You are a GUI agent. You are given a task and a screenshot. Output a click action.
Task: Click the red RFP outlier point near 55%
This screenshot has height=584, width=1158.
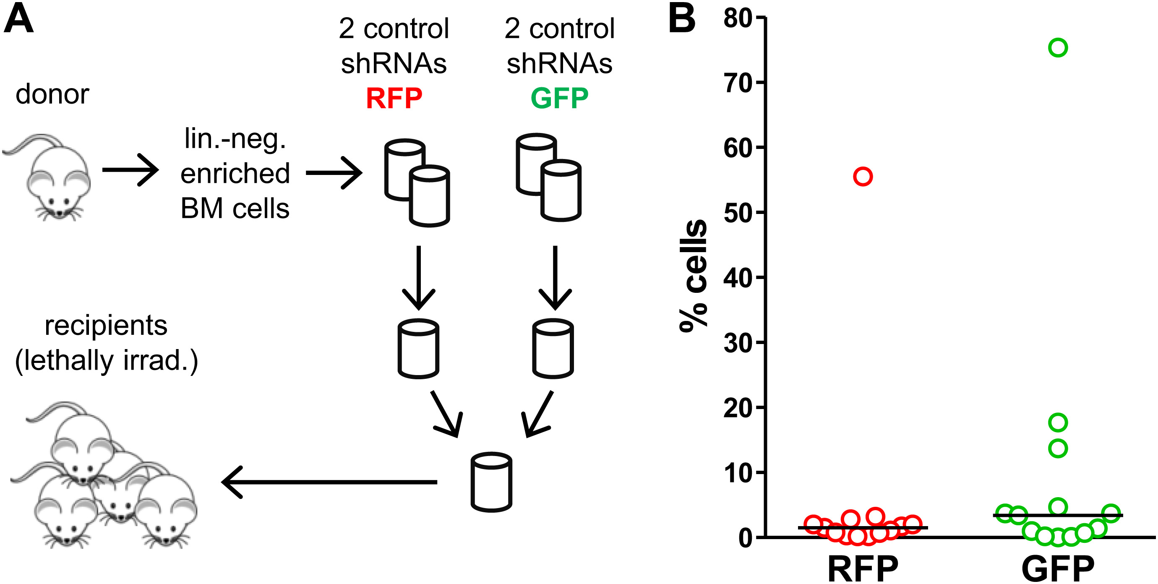pyautogui.click(x=863, y=177)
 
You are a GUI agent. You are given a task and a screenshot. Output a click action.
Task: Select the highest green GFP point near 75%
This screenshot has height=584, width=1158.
pyautogui.click(x=1058, y=48)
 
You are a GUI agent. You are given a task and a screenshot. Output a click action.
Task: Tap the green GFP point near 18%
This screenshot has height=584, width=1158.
pyautogui.click(x=1058, y=422)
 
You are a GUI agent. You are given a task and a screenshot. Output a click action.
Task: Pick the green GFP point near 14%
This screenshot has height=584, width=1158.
pyautogui.click(x=1058, y=448)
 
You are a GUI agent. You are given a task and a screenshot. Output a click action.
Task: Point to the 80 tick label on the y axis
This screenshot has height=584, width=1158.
pyautogui.click(x=738, y=19)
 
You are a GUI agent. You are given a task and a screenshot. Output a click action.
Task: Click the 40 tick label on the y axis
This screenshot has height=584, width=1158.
pyautogui.click(x=738, y=279)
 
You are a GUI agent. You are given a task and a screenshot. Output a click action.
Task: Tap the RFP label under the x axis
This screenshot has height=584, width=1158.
pyautogui.click(x=863, y=569)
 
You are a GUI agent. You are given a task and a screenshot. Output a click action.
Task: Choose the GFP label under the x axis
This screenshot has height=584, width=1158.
pyautogui.click(x=1058, y=569)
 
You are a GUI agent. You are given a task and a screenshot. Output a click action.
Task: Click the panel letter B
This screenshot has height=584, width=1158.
pyautogui.click(x=681, y=19)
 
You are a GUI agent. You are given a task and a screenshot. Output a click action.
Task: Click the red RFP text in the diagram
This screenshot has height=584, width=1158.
pyautogui.click(x=394, y=99)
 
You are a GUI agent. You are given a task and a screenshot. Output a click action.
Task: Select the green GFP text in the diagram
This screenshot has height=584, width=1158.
pyautogui.click(x=559, y=99)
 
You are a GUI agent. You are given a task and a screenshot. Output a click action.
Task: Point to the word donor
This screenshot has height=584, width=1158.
pyautogui.click(x=52, y=94)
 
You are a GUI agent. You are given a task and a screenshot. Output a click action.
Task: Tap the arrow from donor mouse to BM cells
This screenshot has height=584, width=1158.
pyautogui.click(x=130, y=170)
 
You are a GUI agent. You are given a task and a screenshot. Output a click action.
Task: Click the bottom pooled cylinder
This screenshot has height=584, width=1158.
pyautogui.click(x=491, y=482)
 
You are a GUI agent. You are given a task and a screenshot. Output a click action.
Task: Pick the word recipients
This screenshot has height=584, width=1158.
pyautogui.click(x=106, y=326)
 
